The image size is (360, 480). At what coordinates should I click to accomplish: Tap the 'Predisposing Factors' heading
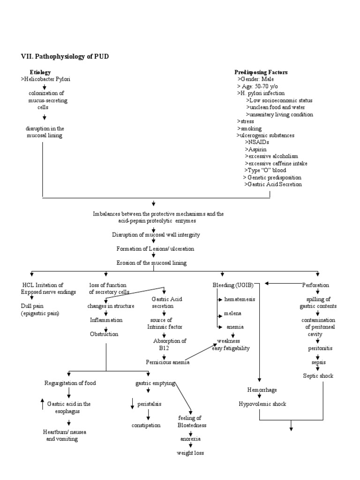point(261,72)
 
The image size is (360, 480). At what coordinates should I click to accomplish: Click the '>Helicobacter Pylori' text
point(45,79)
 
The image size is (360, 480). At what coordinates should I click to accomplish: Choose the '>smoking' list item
point(249,128)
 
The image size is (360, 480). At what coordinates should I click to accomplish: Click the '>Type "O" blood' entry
point(265,170)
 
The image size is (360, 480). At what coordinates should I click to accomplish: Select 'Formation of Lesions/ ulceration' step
point(155,248)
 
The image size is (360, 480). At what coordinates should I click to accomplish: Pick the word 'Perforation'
point(315,285)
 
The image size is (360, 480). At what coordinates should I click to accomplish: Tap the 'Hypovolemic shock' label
point(262,404)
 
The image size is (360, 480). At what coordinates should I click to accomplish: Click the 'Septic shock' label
point(319,376)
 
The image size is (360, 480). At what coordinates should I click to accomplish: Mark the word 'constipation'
point(146,425)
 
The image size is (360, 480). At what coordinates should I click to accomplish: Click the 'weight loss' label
point(190,453)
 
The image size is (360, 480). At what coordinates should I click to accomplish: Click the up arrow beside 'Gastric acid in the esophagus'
point(43,404)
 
